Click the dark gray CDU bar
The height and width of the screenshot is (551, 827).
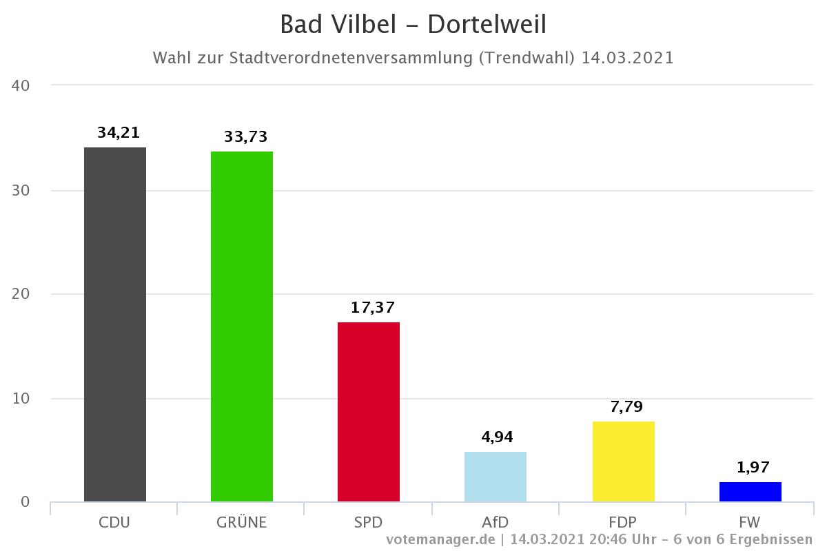click(114, 324)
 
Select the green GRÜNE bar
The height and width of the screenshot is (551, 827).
click(241, 326)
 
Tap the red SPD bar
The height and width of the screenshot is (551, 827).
click(369, 412)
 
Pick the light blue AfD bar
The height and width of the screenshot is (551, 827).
click(496, 477)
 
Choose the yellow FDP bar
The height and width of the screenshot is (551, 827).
click(623, 461)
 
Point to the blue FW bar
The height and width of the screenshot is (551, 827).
click(750, 492)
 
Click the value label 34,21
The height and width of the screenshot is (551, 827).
click(119, 133)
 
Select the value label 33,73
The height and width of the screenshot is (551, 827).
click(245, 137)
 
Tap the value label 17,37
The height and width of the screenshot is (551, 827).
click(373, 307)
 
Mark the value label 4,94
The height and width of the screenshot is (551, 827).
click(497, 437)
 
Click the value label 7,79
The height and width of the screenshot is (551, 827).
click(626, 406)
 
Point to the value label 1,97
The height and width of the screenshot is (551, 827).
click(753, 468)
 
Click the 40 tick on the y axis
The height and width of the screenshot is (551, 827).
click(20, 86)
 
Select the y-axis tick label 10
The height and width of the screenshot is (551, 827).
click(20, 398)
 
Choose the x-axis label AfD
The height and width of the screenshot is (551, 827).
click(495, 522)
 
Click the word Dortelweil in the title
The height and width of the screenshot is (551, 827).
click(487, 25)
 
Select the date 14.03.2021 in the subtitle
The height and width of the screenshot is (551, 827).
click(627, 58)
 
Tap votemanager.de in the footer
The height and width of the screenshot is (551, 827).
click(440, 539)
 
